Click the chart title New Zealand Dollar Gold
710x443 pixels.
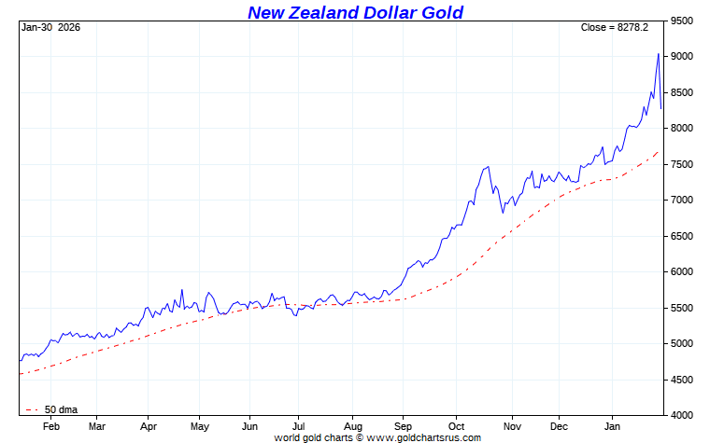(x=355, y=12)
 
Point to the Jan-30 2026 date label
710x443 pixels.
(x=50, y=27)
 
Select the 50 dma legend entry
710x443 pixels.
(x=58, y=409)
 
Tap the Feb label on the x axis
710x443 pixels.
(x=50, y=425)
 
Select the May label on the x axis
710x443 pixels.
(x=199, y=425)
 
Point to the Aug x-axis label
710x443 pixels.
(x=352, y=425)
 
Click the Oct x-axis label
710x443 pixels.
(x=455, y=425)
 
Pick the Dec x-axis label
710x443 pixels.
(x=559, y=425)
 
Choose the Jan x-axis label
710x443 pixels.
(x=611, y=425)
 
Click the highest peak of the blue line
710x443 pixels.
(x=659, y=54)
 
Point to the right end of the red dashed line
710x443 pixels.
(x=660, y=151)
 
